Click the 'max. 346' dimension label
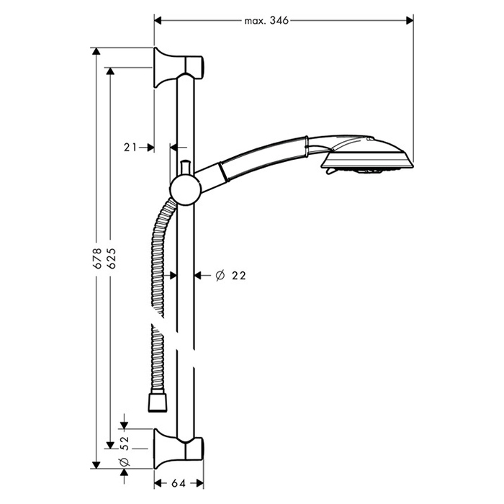point(266,21)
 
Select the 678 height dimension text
point(97,258)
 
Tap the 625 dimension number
point(111,258)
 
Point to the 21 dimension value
point(130,148)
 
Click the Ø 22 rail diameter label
point(231,276)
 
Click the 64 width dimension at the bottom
point(179,483)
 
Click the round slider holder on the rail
point(186,191)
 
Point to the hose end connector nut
point(158,403)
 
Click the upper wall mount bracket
point(179,68)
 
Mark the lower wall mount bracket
point(179,449)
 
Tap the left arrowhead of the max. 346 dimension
point(158,21)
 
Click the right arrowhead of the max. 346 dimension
point(410,21)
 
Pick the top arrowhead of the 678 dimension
point(96,51)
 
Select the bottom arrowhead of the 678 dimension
point(96,465)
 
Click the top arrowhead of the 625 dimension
point(110,71)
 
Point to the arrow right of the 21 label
point(147,148)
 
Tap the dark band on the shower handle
point(224,173)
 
